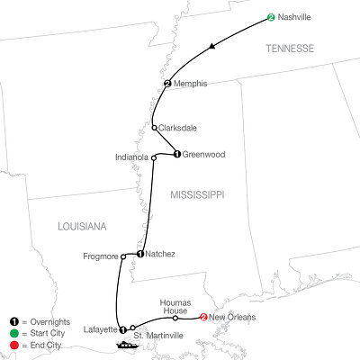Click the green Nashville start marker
tap(271, 15)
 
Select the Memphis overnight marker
tap(168, 84)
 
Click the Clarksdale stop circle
tap(155, 127)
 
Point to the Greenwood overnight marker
tap(177, 154)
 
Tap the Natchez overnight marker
tap(141, 255)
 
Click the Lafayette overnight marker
tap(122, 328)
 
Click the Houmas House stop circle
tap(175, 318)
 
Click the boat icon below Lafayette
tap(123, 343)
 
